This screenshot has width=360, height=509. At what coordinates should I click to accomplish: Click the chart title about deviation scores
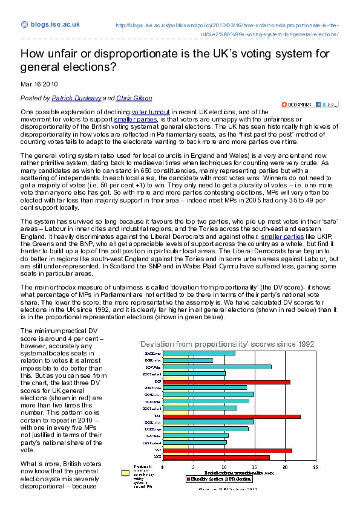click(x=227, y=343)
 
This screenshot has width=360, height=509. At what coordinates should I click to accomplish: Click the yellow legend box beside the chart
click(x=125, y=473)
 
